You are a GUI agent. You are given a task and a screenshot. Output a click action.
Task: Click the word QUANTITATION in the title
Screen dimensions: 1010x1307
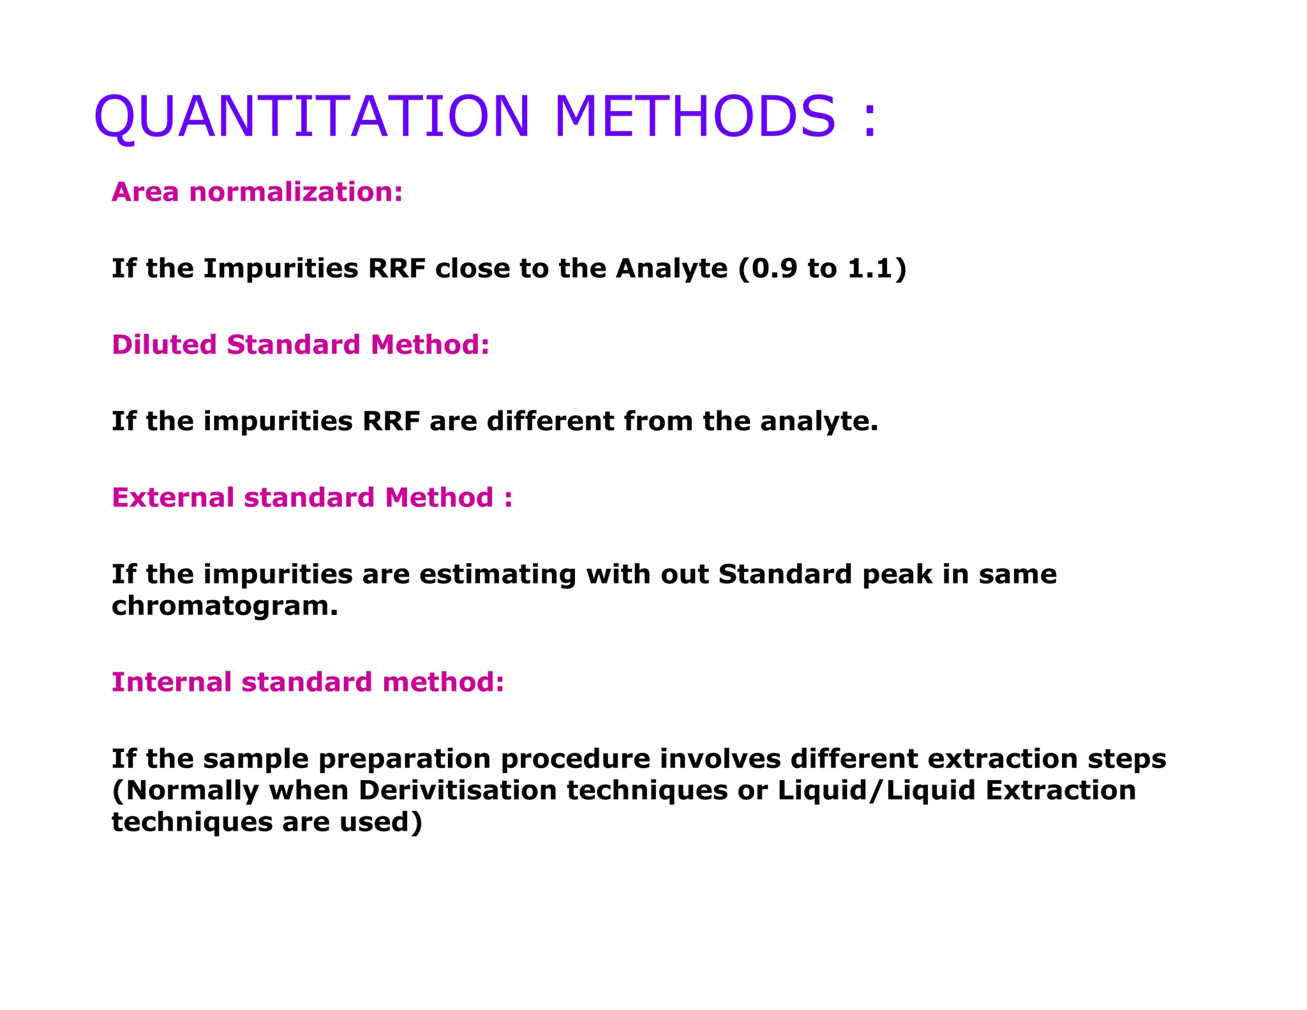coord(311,116)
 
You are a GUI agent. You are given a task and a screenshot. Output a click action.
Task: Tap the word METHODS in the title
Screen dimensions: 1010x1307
coord(694,116)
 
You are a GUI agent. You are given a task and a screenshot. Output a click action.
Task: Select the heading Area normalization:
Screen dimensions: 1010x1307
coord(257,192)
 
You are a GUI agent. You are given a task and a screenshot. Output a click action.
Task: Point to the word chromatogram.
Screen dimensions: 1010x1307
coord(225,606)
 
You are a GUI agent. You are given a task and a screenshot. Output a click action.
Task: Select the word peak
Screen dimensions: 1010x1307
coord(897,575)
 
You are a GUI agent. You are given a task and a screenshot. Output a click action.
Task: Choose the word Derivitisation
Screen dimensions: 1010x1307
coord(458,790)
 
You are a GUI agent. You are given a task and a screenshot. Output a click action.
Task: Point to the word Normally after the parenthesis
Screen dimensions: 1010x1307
coord(192,790)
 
